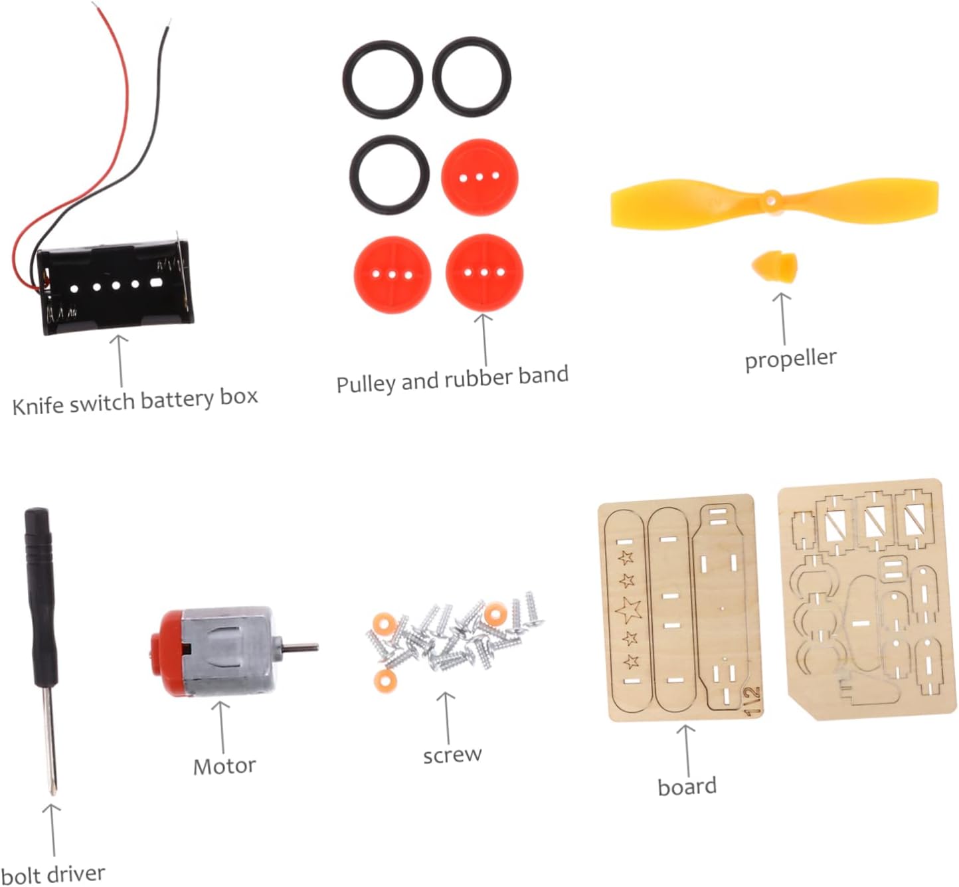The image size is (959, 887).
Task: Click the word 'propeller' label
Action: tap(790, 359)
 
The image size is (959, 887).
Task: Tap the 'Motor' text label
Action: tap(224, 766)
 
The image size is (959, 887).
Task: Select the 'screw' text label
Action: tap(452, 755)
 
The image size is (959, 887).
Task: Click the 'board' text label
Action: tap(687, 787)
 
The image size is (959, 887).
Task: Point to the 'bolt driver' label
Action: tap(52, 874)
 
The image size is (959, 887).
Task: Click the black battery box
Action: tap(116, 288)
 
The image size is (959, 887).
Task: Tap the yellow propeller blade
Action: tap(671, 205)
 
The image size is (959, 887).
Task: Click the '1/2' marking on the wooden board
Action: tap(752, 701)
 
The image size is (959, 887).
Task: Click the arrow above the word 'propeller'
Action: tap(782, 319)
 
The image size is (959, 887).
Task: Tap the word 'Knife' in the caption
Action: tap(38, 405)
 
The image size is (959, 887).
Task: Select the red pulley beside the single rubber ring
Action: tap(480, 177)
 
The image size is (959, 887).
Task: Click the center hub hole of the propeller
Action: tap(770, 198)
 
